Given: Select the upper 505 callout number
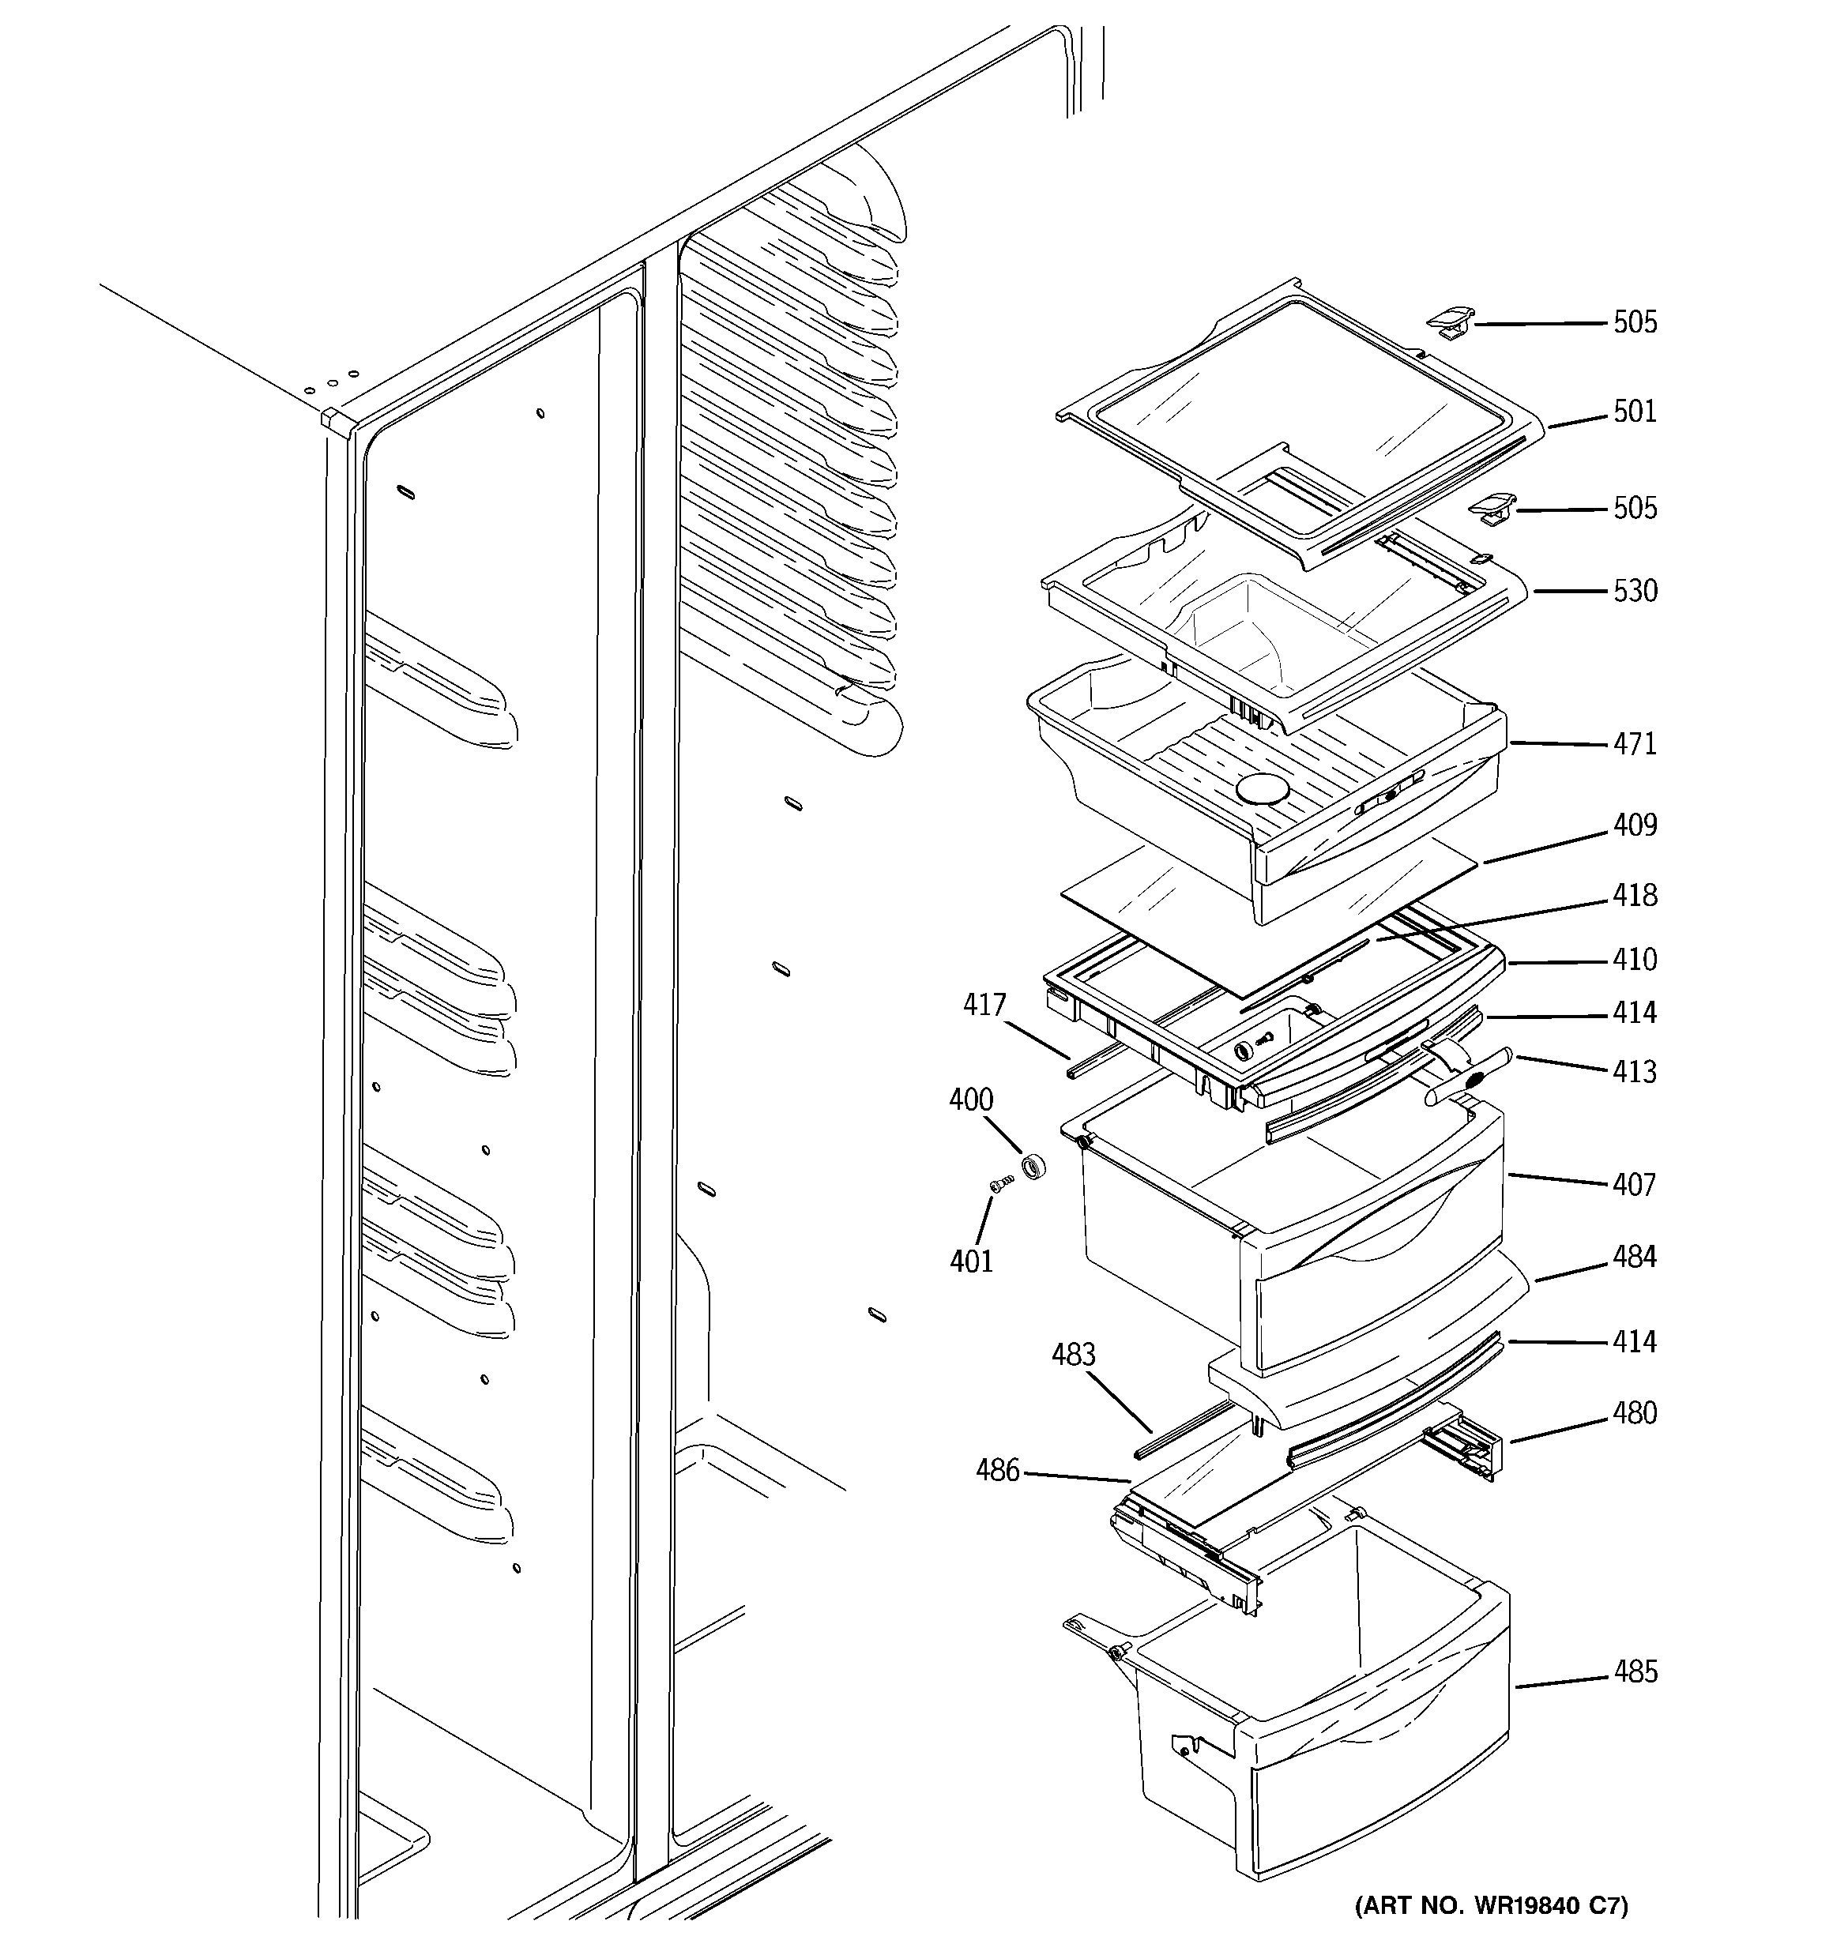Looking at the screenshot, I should (x=1634, y=321).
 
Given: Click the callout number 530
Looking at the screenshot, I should (x=1634, y=591).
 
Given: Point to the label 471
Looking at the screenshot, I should (x=1634, y=744).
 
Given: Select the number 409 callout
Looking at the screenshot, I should (x=1634, y=825).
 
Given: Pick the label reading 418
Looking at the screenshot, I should (x=1634, y=896).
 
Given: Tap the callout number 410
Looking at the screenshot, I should (x=1634, y=960).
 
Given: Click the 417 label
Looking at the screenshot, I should (x=984, y=1005).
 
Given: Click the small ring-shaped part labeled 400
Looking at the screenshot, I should (x=1032, y=1167).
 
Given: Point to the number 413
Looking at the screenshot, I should (x=1634, y=1072).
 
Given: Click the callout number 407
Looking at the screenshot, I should (x=1634, y=1185).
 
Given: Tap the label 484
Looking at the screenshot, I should (x=1634, y=1257).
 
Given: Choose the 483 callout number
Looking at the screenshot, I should (x=1072, y=1355).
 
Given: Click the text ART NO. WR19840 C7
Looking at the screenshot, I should (x=1491, y=1907).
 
